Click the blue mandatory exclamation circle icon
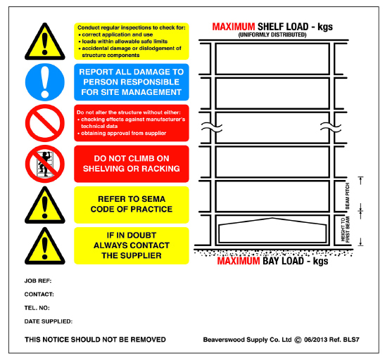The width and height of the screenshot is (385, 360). (45, 82)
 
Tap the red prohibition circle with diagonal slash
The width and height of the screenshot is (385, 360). (45, 123)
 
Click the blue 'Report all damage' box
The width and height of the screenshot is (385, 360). (131, 82)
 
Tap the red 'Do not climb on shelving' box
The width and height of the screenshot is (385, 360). (131, 164)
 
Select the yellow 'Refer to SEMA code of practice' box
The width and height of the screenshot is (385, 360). (131, 204)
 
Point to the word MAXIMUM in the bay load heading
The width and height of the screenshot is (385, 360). (240, 262)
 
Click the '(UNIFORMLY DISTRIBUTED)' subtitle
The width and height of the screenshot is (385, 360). (272, 34)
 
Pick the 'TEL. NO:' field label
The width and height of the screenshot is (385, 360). (38, 308)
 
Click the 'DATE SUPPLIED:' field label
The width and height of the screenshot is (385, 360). (48, 321)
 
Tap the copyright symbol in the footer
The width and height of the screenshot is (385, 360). (298, 339)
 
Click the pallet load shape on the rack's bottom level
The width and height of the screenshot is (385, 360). (274, 231)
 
